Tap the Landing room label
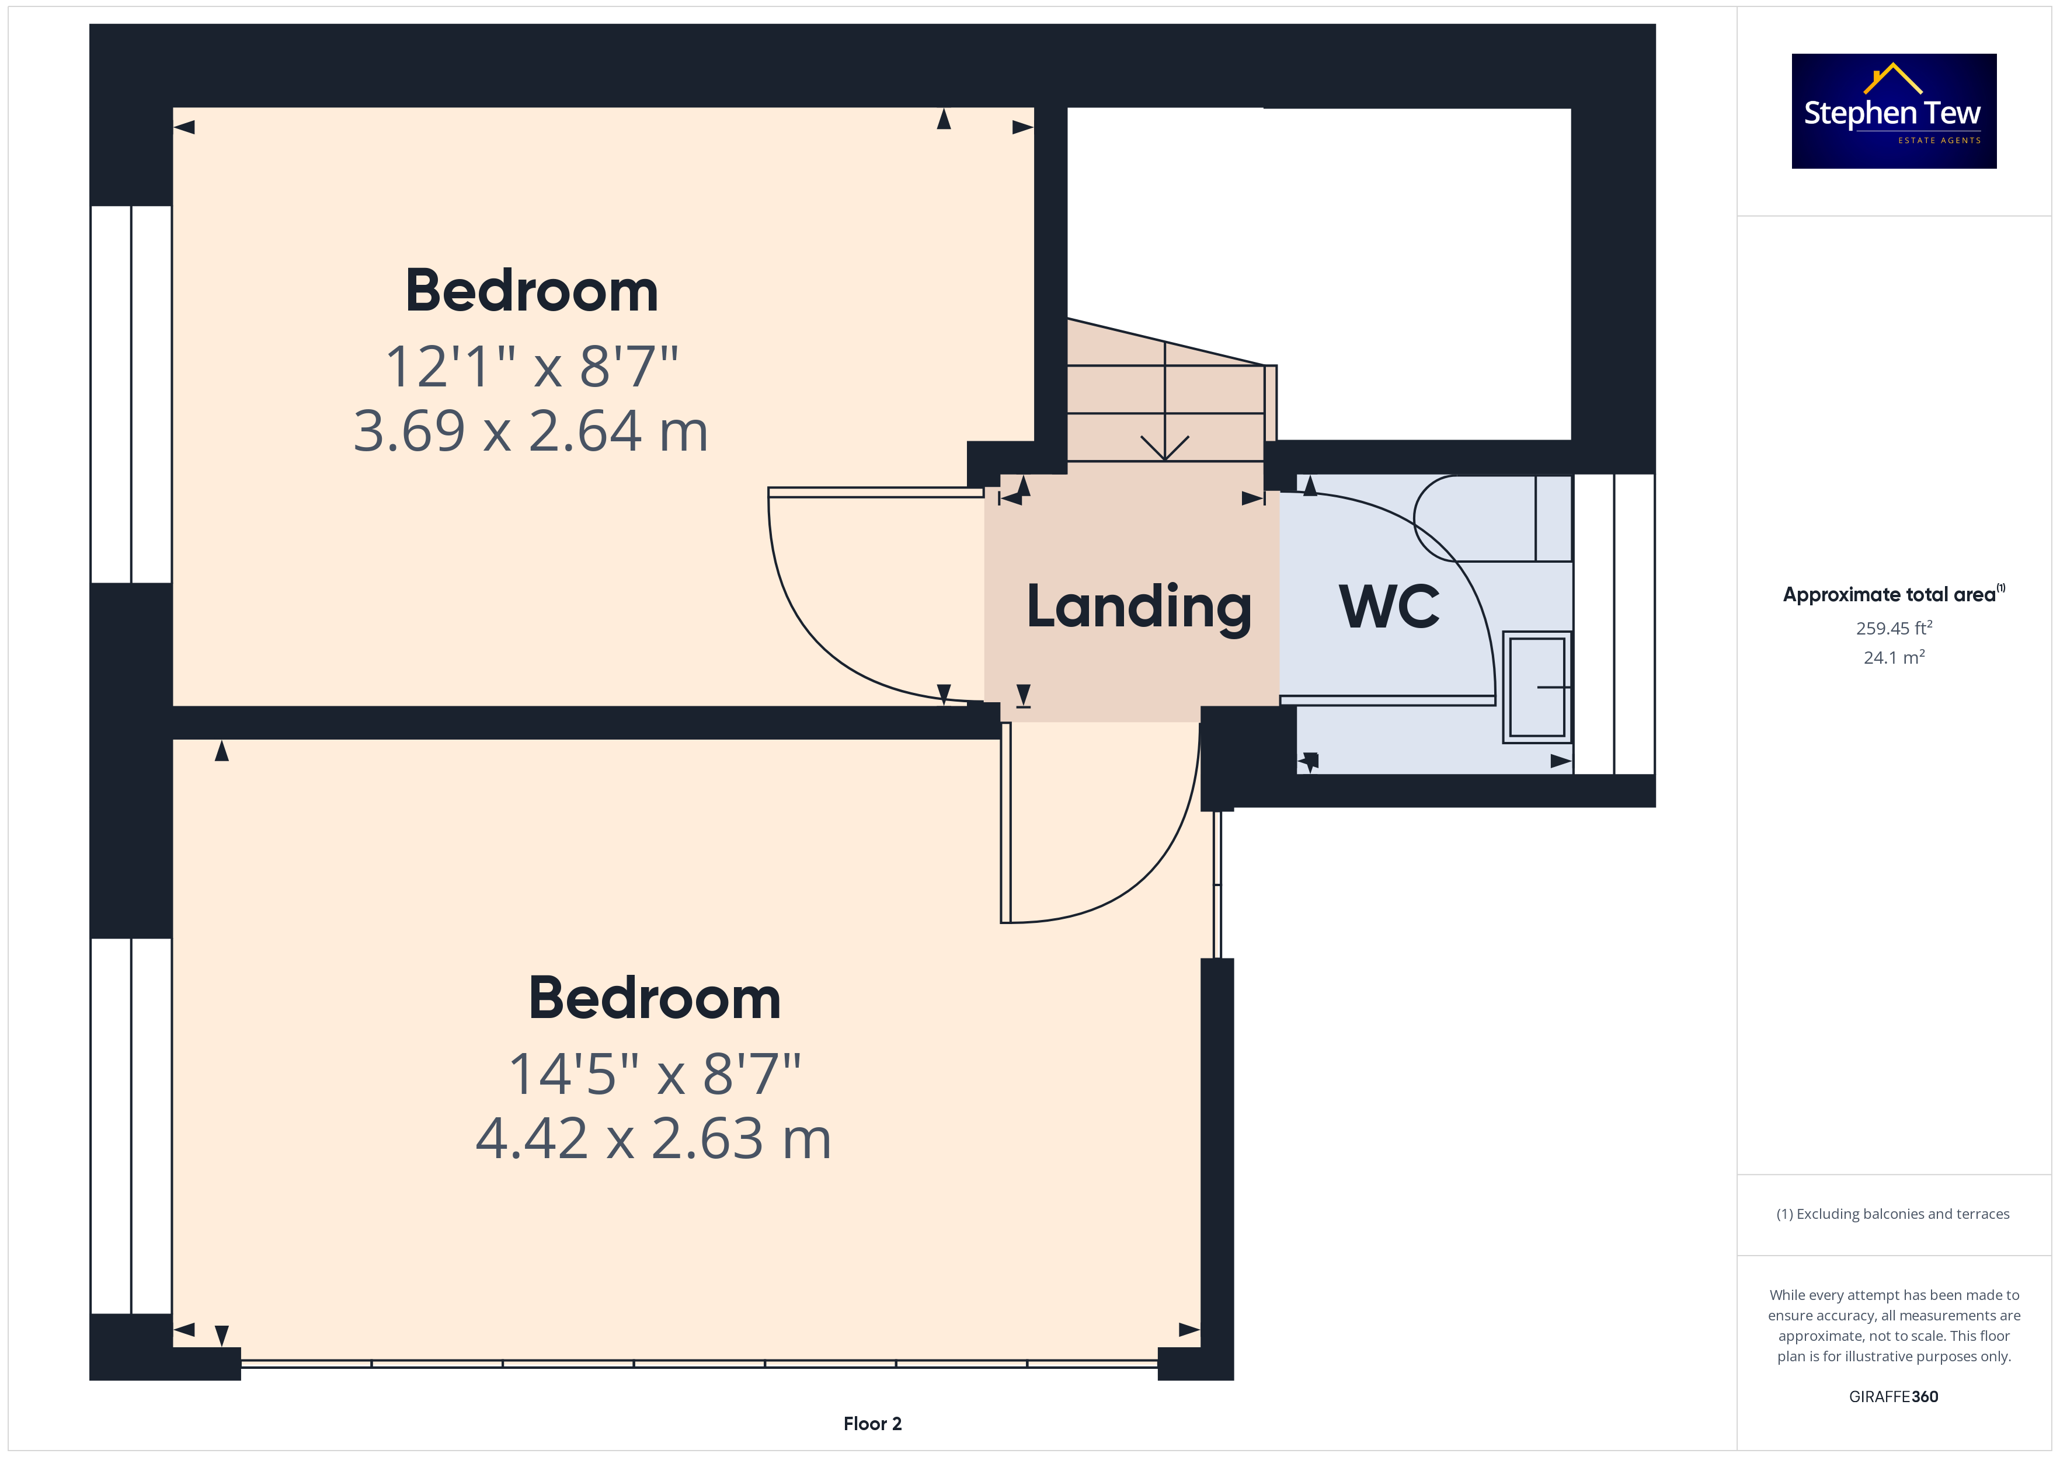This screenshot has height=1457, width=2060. click(x=1139, y=608)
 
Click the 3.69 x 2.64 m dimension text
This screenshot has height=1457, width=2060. click(x=530, y=431)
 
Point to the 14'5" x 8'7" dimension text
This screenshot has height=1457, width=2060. click(x=654, y=1074)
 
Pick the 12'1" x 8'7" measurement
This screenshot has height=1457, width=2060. click(x=531, y=367)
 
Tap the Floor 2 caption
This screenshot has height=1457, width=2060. click(x=872, y=1424)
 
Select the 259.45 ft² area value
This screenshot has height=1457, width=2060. click(x=1894, y=628)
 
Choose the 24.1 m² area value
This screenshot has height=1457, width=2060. click(x=1894, y=658)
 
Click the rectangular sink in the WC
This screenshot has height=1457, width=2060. click(x=1537, y=687)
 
